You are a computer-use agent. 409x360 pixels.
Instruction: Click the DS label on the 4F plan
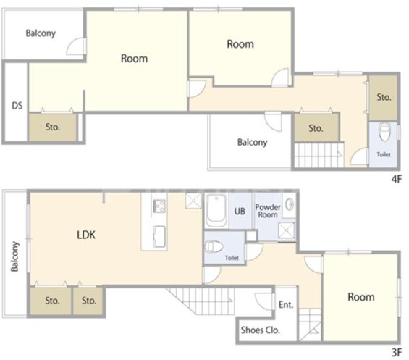17,106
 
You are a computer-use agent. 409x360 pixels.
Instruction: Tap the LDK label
86,235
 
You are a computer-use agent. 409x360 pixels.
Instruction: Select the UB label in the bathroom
240,211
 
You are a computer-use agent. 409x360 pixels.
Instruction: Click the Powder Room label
268,211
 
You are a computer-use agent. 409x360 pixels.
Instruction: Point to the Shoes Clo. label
261,330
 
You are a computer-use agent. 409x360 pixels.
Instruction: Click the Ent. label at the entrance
286,304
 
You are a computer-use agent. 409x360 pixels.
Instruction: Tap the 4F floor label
397,179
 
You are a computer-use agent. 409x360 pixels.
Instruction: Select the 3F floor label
397,353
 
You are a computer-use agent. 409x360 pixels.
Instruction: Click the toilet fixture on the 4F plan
384,132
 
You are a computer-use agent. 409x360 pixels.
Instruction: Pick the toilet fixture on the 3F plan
214,246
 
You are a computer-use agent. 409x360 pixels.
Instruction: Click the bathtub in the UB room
216,211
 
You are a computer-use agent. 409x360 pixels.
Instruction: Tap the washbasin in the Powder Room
290,204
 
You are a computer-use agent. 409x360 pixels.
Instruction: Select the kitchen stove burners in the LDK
159,206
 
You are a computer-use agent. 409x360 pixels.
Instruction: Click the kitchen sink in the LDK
159,236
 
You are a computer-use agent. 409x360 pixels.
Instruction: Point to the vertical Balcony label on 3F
15,256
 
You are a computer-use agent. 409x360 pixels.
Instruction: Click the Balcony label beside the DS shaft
41,33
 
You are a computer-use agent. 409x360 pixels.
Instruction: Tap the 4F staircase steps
319,155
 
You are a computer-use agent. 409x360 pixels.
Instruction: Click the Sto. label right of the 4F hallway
384,97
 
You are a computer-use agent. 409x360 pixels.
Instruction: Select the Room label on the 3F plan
361,297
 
